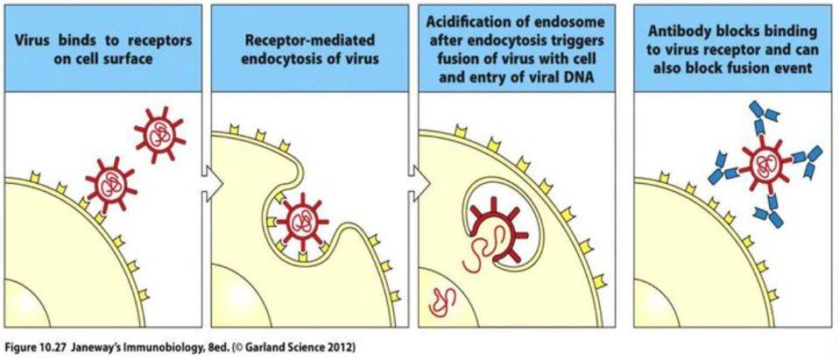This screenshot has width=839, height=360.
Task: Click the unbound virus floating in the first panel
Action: coord(161,137)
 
